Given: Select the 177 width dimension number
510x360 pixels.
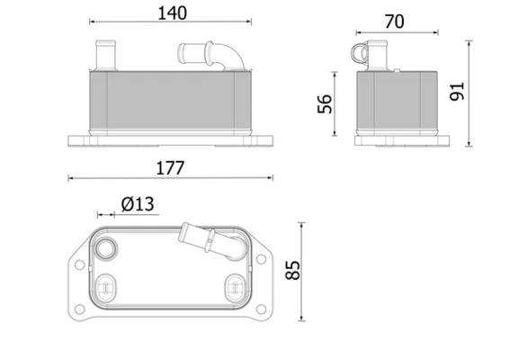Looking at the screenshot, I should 171,167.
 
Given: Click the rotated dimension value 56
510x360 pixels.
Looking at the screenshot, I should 326,105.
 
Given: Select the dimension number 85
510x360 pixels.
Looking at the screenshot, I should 292,270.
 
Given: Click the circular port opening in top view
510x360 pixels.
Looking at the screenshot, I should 108,249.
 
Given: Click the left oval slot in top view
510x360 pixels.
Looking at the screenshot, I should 106,286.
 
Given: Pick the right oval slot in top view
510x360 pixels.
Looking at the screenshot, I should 234,286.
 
